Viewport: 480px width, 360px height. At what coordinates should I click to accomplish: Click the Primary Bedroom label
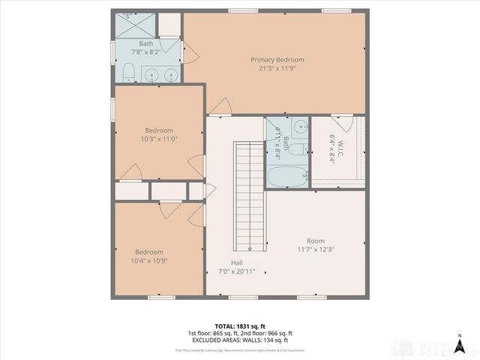point(277,60)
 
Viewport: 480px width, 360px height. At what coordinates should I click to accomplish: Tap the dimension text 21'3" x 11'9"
point(277,69)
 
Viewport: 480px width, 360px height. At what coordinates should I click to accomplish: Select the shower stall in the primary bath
point(135,24)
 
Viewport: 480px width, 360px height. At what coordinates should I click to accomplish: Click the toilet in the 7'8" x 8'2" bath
point(127,73)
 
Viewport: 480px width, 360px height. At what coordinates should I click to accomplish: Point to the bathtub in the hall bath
point(286,177)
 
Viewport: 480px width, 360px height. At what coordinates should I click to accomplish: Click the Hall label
point(236,262)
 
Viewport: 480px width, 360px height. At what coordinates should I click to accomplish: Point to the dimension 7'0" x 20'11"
point(236,271)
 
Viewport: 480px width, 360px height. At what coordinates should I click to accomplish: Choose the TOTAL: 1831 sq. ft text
point(239,325)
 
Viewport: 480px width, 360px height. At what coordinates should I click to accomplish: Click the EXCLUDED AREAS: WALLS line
point(239,340)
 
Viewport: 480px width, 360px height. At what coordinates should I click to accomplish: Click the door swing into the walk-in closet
point(341,121)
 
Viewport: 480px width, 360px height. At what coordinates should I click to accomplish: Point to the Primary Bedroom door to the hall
point(220,108)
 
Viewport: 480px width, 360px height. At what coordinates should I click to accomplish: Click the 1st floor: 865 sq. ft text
point(213,333)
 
